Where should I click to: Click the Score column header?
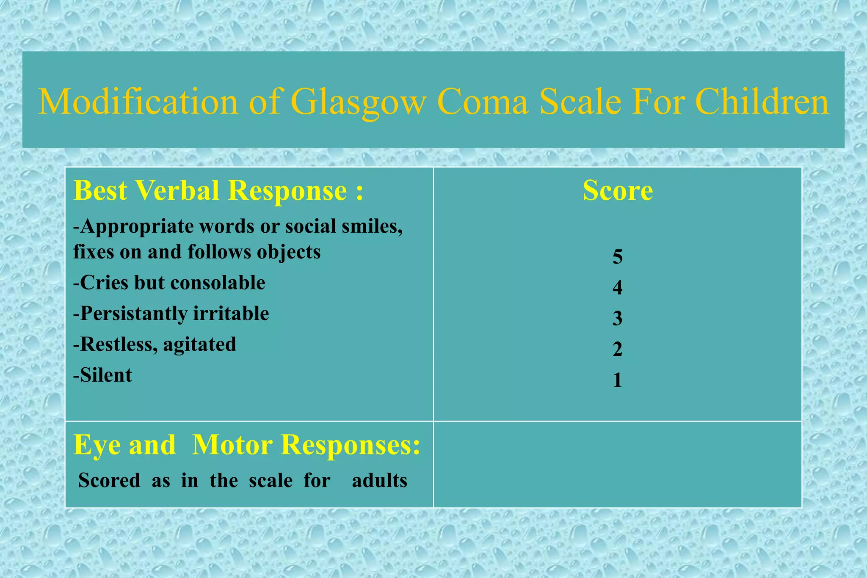pyautogui.click(x=618, y=190)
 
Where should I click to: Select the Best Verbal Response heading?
pyautogui.click(x=218, y=190)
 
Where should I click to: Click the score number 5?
pyautogui.click(x=618, y=256)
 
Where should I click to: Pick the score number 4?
pyautogui.click(x=618, y=287)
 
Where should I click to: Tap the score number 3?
pyautogui.click(x=618, y=318)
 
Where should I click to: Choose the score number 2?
pyautogui.click(x=618, y=349)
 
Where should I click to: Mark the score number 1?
pyautogui.click(x=618, y=380)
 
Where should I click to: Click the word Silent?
pyautogui.click(x=106, y=375)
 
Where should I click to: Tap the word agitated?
pyautogui.click(x=200, y=344)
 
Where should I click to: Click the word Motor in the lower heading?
pyautogui.click(x=232, y=445)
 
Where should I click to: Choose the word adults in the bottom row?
pyautogui.click(x=379, y=481)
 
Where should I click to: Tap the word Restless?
pyautogui.click(x=116, y=344)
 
